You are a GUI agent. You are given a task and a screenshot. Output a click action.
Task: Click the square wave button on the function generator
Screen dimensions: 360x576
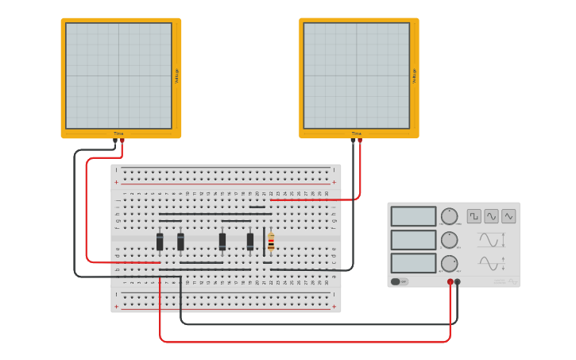click(474, 216)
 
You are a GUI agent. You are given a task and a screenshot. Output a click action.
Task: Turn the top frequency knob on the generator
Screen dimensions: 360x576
click(450, 216)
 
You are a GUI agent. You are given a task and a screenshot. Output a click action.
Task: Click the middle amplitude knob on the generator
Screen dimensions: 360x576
click(450, 240)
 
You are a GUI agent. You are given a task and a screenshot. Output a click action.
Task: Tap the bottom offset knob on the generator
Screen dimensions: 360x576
click(450, 263)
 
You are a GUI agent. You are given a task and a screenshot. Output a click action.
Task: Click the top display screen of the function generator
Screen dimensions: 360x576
click(413, 216)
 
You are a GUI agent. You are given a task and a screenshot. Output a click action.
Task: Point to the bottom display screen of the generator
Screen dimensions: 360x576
click(413, 263)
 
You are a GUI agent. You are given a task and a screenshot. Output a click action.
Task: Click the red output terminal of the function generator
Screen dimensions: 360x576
click(450, 282)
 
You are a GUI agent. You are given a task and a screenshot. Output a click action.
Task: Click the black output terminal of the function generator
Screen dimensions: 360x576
click(457, 282)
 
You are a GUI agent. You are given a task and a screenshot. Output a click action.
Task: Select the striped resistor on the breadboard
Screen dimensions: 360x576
click(271, 242)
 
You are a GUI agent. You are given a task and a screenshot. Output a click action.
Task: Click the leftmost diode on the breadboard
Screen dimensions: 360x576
click(160, 242)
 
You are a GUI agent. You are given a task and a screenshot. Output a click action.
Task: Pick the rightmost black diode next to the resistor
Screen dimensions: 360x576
click(250, 242)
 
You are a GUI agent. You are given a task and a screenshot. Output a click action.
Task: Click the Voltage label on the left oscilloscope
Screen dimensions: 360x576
click(176, 75)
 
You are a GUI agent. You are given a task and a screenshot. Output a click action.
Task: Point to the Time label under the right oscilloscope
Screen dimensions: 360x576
click(357, 134)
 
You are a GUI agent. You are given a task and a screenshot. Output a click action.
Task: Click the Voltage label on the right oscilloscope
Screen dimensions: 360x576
click(414, 75)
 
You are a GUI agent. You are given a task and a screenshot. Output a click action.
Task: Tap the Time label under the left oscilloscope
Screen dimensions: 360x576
click(118, 134)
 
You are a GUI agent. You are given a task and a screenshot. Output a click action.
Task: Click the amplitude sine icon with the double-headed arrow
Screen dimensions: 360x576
click(491, 239)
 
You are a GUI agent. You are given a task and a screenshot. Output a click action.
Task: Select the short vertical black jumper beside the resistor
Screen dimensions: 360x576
click(264, 242)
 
